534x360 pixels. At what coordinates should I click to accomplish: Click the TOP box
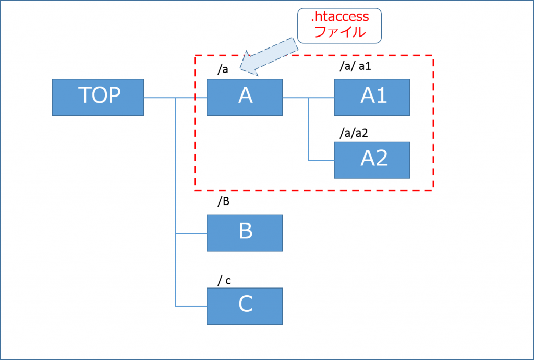98,97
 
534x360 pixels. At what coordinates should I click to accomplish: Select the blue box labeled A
245,97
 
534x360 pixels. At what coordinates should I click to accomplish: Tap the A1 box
372,97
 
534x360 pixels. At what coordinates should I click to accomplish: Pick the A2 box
372,160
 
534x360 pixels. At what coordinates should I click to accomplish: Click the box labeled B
245,233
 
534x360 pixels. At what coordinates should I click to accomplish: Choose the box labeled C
245,306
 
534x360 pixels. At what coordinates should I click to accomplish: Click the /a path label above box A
224,70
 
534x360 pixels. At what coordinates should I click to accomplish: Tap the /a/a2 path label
354,133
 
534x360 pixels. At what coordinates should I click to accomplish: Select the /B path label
224,201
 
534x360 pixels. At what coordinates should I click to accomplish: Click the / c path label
225,281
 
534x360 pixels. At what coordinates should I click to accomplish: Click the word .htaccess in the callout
339,18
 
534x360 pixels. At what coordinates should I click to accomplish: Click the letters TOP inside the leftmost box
99,95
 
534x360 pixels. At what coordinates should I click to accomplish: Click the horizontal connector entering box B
191,233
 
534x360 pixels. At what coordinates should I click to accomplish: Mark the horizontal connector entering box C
191,306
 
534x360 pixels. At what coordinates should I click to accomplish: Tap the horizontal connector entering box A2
321,160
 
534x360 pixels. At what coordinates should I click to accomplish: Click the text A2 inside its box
374,159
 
